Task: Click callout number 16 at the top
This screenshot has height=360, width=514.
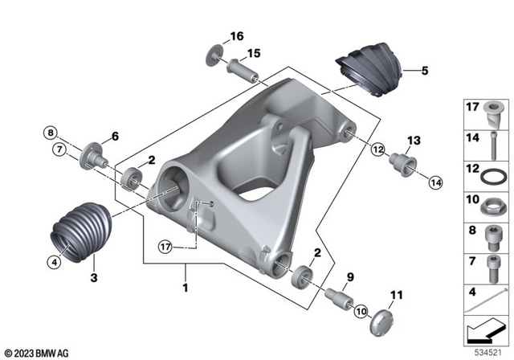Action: pyautogui.click(x=236, y=36)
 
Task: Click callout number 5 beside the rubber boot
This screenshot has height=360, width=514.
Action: pyautogui.click(x=425, y=71)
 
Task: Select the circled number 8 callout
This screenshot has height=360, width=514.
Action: pyautogui.click(x=50, y=132)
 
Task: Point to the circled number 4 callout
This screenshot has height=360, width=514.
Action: pyautogui.click(x=54, y=260)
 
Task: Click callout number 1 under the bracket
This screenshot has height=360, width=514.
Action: pyautogui.click(x=186, y=287)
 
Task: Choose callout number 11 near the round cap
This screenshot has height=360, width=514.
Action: pyautogui.click(x=395, y=298)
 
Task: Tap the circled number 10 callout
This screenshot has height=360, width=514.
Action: pyautogui.click(x=360, y=309)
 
